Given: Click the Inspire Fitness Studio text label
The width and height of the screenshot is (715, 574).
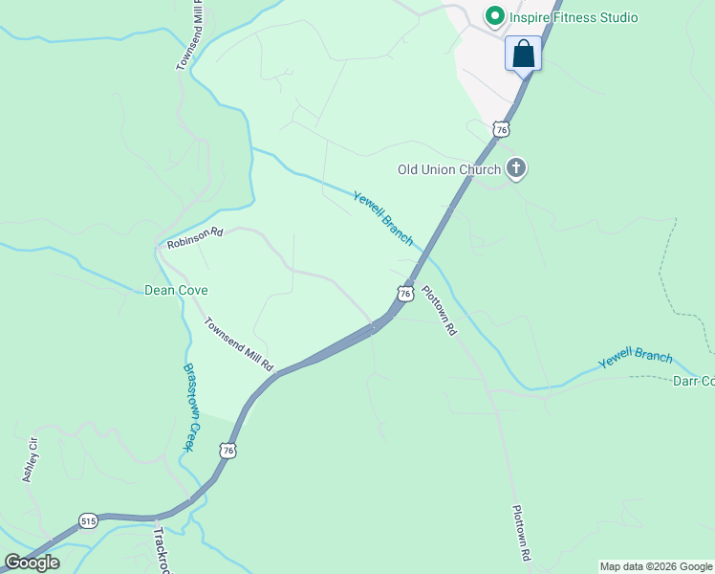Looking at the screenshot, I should point(574,17).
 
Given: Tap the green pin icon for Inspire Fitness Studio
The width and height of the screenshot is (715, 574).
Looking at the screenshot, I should point(495,16).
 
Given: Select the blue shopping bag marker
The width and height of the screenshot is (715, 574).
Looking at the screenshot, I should point(523,54).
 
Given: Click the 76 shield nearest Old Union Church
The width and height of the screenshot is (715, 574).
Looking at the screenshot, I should point(501,128).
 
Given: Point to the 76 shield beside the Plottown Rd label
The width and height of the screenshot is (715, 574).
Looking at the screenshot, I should point(405,293).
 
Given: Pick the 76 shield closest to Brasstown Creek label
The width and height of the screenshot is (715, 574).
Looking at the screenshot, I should point(227,449).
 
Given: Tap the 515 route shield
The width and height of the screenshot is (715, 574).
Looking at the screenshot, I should point(89,519).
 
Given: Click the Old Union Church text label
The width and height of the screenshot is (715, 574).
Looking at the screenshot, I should point(449,170).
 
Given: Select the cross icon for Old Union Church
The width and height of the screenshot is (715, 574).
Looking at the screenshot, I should point(516,169).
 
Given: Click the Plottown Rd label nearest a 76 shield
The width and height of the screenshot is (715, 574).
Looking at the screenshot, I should point(440,311).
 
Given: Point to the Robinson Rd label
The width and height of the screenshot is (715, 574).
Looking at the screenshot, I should point(194,238).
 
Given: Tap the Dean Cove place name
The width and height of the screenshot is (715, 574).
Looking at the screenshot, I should point(176,290).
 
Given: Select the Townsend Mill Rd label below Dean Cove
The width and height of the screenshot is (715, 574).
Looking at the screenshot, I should point(239,344).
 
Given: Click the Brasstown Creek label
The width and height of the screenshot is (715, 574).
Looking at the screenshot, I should point(189,408).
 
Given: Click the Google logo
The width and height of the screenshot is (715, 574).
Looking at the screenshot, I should point(32,562).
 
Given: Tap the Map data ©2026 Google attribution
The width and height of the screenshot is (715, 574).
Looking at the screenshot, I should point(657,566).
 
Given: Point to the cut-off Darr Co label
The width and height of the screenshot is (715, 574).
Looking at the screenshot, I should point(694,381).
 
